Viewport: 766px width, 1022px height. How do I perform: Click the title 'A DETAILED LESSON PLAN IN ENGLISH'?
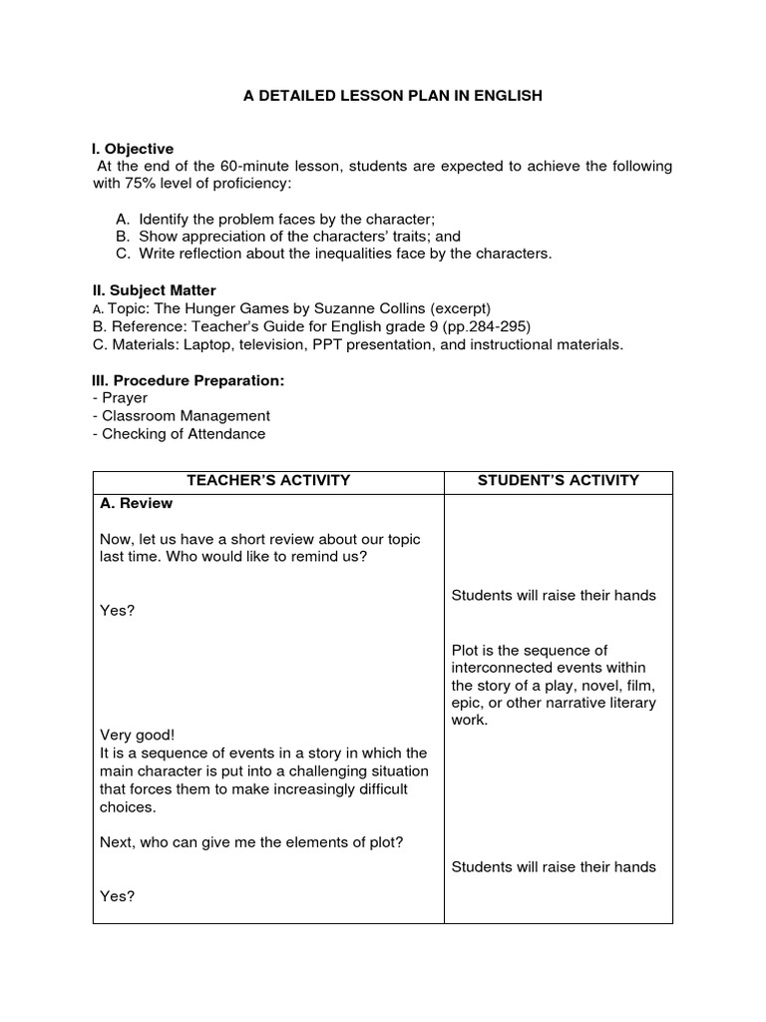(393, 97)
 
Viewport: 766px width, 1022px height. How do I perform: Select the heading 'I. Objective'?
(133, 149)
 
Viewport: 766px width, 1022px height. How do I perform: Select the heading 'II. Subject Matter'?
(154, 289)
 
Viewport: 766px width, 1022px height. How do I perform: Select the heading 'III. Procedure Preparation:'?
(189, 380)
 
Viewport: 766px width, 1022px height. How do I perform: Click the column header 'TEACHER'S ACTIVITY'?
(267, 480)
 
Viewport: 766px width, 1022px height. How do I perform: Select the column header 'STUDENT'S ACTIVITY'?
(558, 480)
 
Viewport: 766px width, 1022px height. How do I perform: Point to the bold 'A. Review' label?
(137, 503)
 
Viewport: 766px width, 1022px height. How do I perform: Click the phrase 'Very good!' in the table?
(138, 736)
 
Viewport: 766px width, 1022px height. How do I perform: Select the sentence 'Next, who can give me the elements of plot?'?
(251, 841)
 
